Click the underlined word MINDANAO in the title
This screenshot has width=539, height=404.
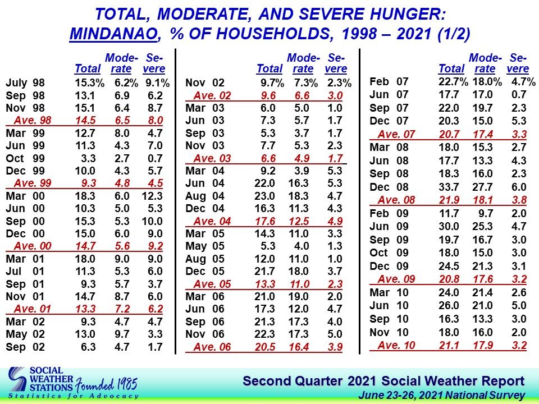pyautogui.click(x=113, y=34)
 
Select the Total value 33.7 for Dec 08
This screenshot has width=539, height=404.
pyautogui.click(x=449, y=187)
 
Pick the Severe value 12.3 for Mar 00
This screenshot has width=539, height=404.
pyautogui.click(x=152, y=196)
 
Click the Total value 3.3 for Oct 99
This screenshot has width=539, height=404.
pyautogui.click(x=88, y=158)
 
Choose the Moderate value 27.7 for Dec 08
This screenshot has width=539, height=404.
pyautogui.click(x=483, y=187)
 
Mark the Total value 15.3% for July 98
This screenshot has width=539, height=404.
pyautogui.click(x=89, y=83)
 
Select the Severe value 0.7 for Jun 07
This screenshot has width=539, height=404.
pyautogui.click(x=519, y=94)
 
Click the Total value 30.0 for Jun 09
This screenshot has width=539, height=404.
pyautogui.click(x=449, y=226)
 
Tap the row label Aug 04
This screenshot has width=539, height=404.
pyautogui.click(x=205, y=196)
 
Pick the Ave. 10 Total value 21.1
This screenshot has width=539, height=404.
pyautogui.click(x=449, y=345)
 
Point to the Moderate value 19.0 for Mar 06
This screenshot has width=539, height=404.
pyautogui.click(x=298, y=296)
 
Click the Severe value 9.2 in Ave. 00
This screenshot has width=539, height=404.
pyautogui.click(x=156, y=246)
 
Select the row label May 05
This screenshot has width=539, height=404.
pyautogui.click(x=205, y=246)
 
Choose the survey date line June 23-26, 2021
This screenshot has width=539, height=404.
pyautogui.click(x=441, y=396)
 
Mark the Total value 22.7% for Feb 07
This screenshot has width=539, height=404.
pyautogui.click(x=453, y=82)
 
